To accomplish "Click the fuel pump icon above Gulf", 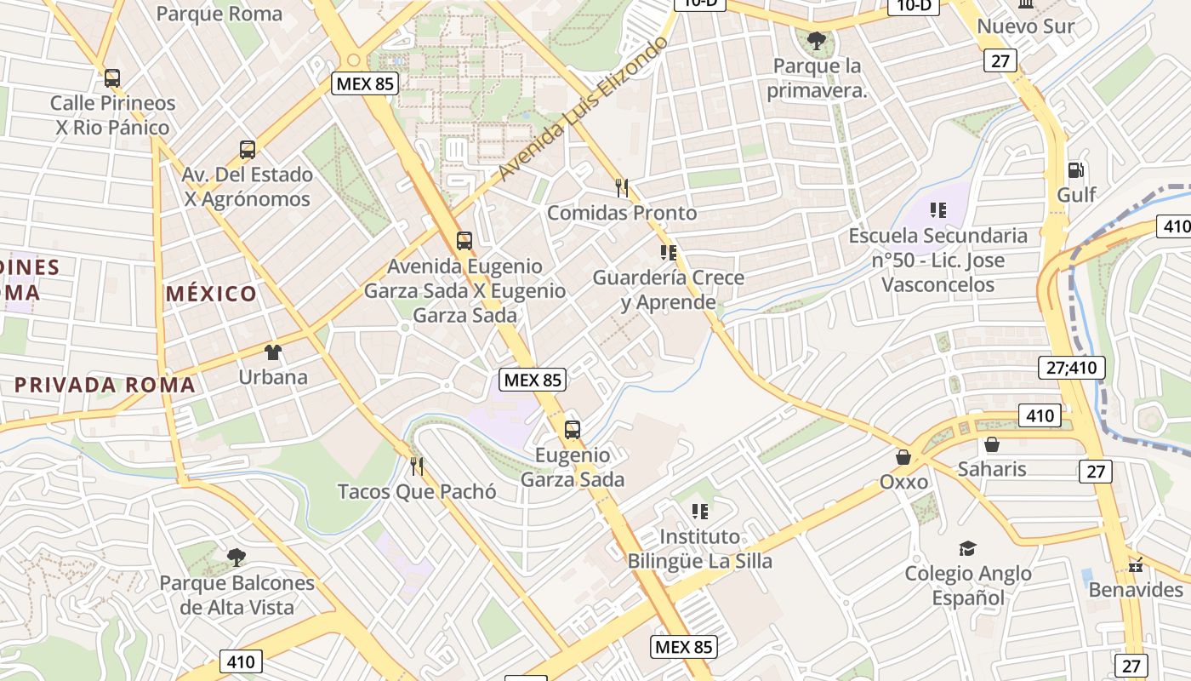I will (x=1076, y=170).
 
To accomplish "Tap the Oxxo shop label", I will (x=903, y=482).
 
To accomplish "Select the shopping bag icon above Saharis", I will (x=992, y=444).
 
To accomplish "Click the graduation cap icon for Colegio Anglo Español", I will (x=967, y=548).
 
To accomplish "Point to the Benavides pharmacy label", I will (x=1136, y=589).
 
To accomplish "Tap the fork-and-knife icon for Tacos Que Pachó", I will (x=417, y=466).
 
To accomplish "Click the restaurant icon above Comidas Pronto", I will (x=622, y=187).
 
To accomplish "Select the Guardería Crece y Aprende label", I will (x=668, y=289).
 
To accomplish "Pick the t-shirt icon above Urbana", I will (x=272, y=352).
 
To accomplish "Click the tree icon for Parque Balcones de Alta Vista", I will (x=236, y=558).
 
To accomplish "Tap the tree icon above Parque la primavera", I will (x=817, y=40).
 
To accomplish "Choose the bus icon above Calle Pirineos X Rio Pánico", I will (x=112, y=78).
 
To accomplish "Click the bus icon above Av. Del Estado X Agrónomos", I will (x=248, y=150).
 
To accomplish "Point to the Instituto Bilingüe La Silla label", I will (x=699, y=549).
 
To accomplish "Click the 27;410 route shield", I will (x=1072, y=368).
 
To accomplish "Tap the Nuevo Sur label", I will (x=1025, y=26).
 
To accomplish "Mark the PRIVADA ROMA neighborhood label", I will (x=105, y=385).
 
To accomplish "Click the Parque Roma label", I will (x=219, y=14).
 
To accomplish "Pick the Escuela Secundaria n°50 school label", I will (x=937, y=260).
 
